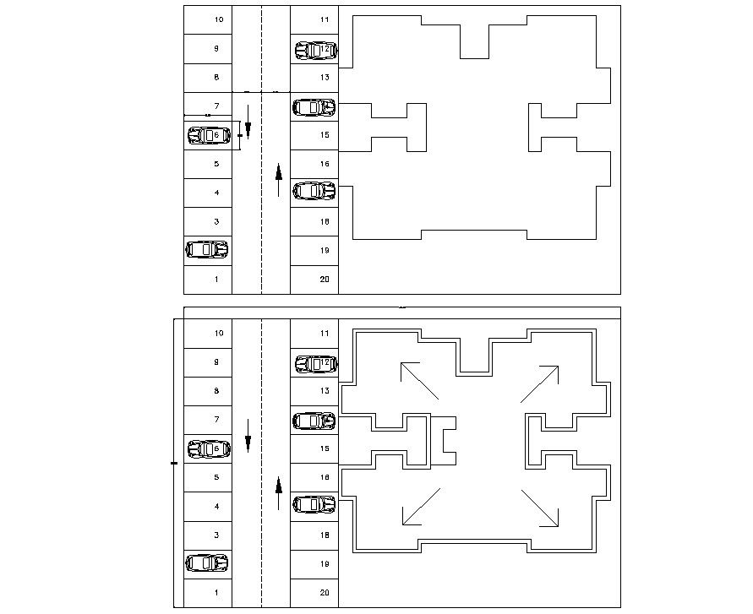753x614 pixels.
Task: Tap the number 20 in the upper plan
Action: coord(325,280)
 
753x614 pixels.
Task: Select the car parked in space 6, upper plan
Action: coord(208,135)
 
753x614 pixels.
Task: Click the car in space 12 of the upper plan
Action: coord(315,50)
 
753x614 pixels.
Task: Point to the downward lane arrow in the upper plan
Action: coord(248,122)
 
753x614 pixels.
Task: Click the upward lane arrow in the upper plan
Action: coord(278,180)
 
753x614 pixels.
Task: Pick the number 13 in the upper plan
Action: coord(325,78)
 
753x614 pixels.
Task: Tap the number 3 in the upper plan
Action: coord(217,222)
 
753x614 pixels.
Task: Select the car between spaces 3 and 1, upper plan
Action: coord(207,249)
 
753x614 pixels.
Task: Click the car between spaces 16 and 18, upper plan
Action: coord(314,191)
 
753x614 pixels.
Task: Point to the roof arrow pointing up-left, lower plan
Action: coord(418,381)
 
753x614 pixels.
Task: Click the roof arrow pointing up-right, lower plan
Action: coord(540,383)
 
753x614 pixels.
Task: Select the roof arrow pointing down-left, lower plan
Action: coord(420,507)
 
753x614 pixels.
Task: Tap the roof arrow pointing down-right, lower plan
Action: coord(541,508)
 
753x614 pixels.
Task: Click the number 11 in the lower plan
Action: coord(325,334)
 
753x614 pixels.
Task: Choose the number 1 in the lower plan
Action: coord(217,593)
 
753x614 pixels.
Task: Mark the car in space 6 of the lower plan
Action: coord(209,448)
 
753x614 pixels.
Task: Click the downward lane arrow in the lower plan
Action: coord(248,435)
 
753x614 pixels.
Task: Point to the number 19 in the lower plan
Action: coord(325,564)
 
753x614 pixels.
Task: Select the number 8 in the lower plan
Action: coord(217,391)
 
